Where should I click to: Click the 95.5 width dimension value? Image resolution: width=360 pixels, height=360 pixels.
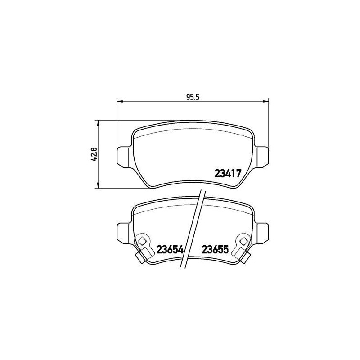(x=192, y=96)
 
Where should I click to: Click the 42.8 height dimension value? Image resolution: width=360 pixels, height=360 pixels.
(x=93, y=154)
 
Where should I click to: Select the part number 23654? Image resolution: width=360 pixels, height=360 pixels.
(x=170, y=249)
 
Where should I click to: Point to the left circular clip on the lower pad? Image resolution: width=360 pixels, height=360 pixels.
(x=143, y=241)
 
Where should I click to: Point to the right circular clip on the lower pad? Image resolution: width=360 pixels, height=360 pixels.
(x=243, y=241)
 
